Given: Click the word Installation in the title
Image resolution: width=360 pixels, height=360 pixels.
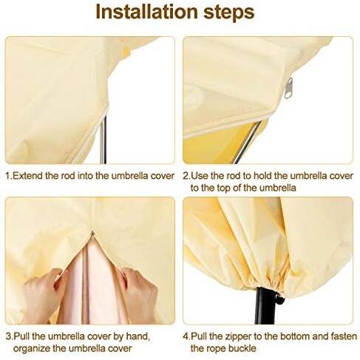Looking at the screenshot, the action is point(147,12).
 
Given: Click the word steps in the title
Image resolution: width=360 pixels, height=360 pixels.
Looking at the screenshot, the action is point(229,13).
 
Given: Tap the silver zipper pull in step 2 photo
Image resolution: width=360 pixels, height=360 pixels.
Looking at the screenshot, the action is point(288,88).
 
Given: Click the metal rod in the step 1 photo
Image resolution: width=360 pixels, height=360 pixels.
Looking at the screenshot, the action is point(103,140).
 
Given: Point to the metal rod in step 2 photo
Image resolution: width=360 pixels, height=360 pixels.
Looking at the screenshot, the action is point(247,143).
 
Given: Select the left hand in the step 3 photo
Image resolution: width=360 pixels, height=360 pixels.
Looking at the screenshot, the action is point(44,294).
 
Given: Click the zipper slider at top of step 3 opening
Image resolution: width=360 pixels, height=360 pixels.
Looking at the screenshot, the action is point(92,234).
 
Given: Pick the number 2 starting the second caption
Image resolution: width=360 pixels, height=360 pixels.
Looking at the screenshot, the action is point(186,176).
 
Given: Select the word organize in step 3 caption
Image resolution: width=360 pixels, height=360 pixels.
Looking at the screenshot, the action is point(32,348).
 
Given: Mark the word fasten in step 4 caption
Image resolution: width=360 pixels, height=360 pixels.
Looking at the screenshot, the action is point(344,336).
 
